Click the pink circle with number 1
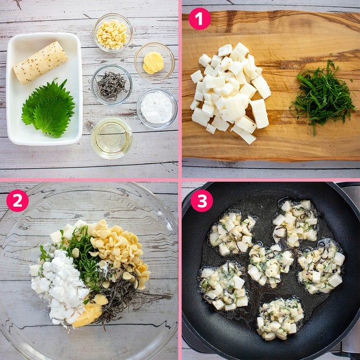pos(199,19)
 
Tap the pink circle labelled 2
pos(17,200)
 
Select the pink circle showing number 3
pos(202,200)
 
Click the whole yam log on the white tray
pos(41,62)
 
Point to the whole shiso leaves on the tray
pos(49,108)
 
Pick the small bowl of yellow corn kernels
pos(113,33)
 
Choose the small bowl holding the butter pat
pos(154,62)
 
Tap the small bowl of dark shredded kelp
pos(112,85)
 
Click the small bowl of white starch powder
pos(157,109)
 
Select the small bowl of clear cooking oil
pos(112,138)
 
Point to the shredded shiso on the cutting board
pos(323,96)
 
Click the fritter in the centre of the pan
pos(271,266)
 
